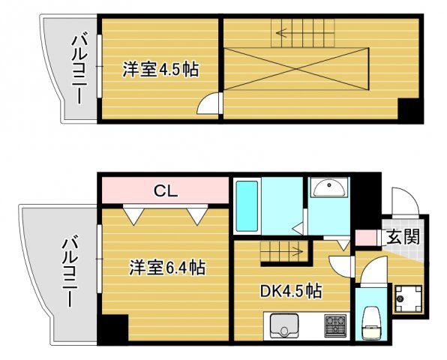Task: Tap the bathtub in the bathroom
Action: (247, 205)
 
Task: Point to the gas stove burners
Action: (335, 326)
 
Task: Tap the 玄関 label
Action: (403, 237)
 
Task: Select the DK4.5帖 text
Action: (292, 290)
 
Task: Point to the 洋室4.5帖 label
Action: (160, 69)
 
